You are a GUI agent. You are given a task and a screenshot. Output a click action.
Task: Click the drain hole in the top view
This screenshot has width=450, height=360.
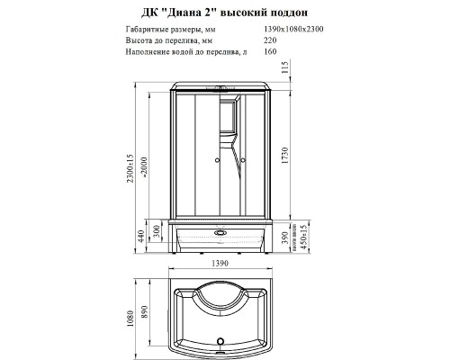pos(220,341)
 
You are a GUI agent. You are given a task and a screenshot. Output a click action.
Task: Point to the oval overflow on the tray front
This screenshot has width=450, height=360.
pos(220,229)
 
